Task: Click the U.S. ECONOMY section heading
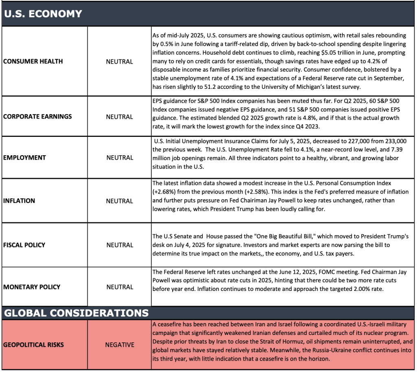pyautogui.click(x=43, y=14)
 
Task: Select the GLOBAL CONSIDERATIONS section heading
pyautogui.click(x=76, y=313)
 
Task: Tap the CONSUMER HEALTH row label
pyautogui.click(x=33, y=62)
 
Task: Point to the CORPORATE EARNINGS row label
pyautogui.click(x=37, y=117)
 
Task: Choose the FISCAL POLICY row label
pyautogui.click(x=24, y=245)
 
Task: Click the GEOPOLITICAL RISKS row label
pyautogui.click(x=33, y=345)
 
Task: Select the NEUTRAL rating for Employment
pyautogui.click(x=119, y=158)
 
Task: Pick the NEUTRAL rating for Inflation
pyautogui.click(x=119, y=201)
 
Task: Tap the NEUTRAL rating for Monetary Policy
pyautogui.click(x=119, y=287)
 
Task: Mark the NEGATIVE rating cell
pyautogui.click(x=119, y=345)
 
